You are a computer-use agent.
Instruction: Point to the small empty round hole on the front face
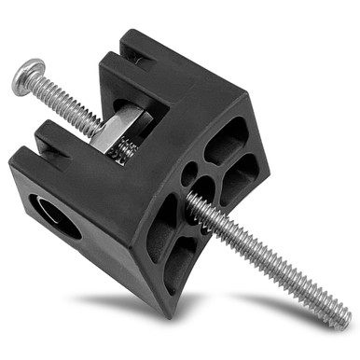[189, 173]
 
